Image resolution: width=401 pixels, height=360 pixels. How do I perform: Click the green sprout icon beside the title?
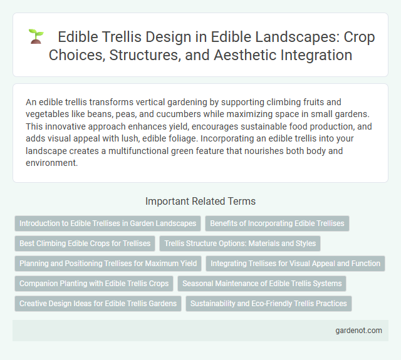pos(35,36)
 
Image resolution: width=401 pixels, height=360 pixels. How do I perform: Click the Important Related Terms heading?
pos(200,202)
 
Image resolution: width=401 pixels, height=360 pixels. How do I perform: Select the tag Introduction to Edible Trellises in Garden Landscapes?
pos(108,223)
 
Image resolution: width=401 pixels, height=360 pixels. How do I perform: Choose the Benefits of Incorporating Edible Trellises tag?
pos(277,223)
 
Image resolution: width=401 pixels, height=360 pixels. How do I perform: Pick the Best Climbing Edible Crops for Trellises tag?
pos(85,243)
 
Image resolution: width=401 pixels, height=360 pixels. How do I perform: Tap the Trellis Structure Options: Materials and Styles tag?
pos(241,243)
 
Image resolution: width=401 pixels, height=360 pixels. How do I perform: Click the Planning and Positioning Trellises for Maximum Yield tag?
pos(108,264)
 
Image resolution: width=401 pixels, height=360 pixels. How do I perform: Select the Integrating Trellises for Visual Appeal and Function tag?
pos(295,264)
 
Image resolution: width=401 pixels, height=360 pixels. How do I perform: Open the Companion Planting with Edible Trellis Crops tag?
pos(94,284)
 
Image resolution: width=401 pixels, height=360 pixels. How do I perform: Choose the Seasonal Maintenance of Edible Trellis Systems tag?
pos(262,284)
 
